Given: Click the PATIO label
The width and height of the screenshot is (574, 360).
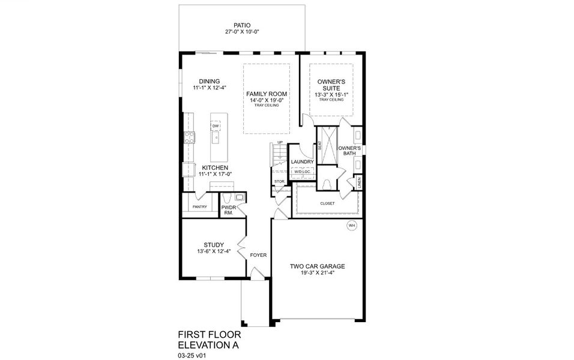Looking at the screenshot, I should click(242, 25).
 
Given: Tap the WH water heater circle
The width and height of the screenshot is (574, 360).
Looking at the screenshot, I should click(352, 226).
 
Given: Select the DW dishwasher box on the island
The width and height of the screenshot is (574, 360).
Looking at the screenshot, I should click(215, 125).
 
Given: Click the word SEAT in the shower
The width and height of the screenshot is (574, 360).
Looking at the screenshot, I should click(319, 146).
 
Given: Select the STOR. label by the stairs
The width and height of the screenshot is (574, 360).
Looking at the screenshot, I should click(279, 181).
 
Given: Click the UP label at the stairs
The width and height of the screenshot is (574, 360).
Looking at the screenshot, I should click(280, 142).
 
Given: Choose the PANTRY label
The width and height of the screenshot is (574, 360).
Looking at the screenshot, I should click(200, 207).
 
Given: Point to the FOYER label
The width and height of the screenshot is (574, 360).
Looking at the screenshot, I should click(258, 255).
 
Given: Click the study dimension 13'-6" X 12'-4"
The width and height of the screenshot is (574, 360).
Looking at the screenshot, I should click(214, 251).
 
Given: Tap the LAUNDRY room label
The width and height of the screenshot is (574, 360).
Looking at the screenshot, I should click(302, 161).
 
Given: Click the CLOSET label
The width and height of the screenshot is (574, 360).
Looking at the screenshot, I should click(327, 203).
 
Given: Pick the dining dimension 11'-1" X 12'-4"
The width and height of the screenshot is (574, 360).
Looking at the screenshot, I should click(206, 88).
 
